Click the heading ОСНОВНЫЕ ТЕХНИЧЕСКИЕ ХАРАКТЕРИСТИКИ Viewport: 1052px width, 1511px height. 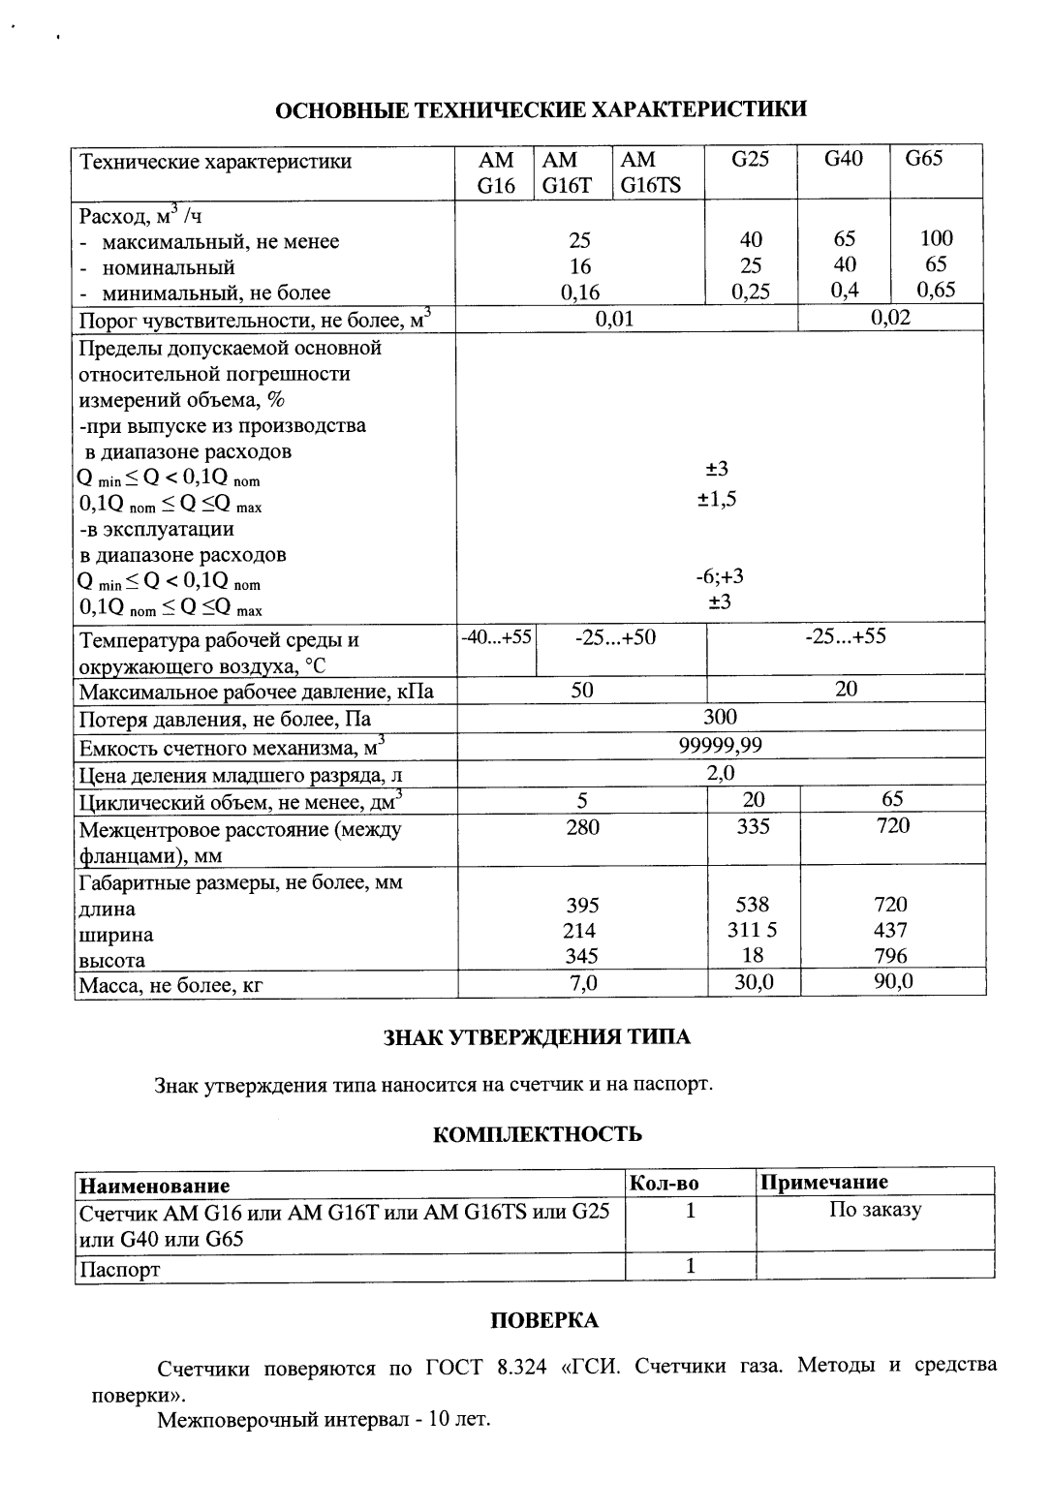pyautogui.click(x=541, y=109)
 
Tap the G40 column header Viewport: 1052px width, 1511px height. pyautogui.click(x=843, y=159)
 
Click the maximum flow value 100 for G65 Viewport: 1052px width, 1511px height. pyautogui.click(x=937, y=238)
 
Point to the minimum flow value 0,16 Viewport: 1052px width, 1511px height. pyautogui.click(x=580, y=293)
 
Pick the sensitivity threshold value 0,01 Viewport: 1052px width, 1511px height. pyautogui.click(x=614, y=319)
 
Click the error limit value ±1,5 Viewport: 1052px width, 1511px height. pyautogui.click(x=718, y=499)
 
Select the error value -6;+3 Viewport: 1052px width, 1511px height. pyautogui.click(x=719, y=576)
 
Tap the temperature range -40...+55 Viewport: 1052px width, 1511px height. pyautogui.click(x=496, y=636)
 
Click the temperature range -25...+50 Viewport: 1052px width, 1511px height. pyautogui.click(x=615, y=636)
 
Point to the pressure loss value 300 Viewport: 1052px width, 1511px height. pyautogui.click(x=720, y=717)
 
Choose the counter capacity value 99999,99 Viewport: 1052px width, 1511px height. pyautogui.click(x=720, y=745)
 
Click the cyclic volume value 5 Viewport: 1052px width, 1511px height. pyautogui.click(x=582, y=800)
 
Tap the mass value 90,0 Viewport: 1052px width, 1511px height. pyautogui.click(x=892, y=982)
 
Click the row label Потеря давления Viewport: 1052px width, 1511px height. pyautogui.click(x=225, y=720)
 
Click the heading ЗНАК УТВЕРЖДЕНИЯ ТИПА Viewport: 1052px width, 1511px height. pyautogui.click(x=538, y=1037)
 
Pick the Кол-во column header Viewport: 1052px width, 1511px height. pyautogui.click(x=665, y=1183)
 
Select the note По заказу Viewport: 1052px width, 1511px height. pyautogui.click(x=875, y=1210)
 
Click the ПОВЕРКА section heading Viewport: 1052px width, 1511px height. pyautogui.click(x=544, y=1320)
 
